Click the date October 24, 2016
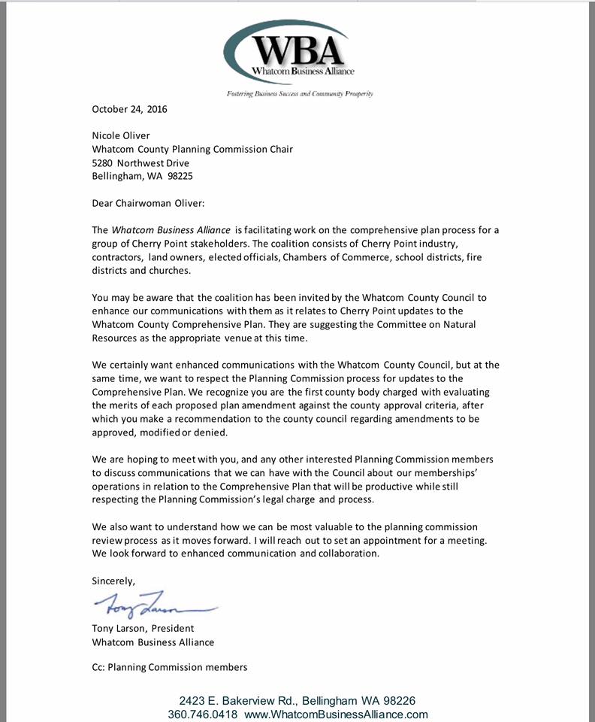pyautogui.click(x=129, y=109)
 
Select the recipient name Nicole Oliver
pyautogui.click(x=122, y=136)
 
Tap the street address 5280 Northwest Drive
pyautogui.click(x=140, y=163)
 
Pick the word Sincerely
pyautogui.click(x=114, y=581)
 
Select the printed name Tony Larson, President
pyautogui.click(x=143, y=628)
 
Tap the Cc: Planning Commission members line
pyautogui.click(x=169, y=667)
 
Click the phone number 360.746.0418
pyautogui.click(x=203, y=714)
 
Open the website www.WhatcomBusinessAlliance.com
pyautogui.click(x=336, y=714)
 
